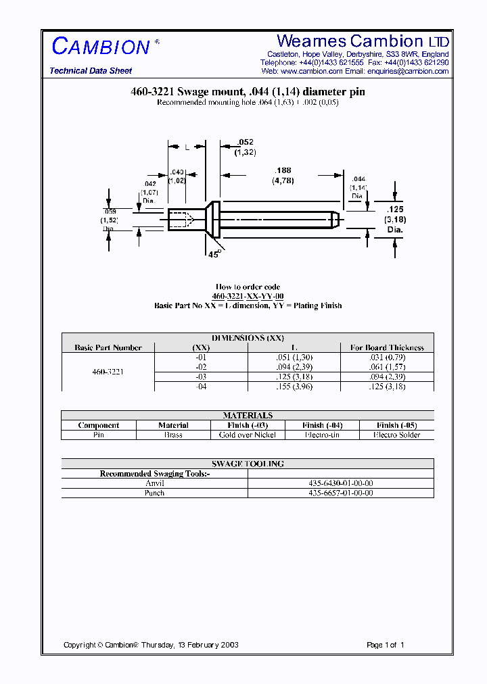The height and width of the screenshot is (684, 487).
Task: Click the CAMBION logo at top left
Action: pyautogui.click(x=101, y=46)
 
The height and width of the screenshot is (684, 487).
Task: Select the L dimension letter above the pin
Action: pyautogui.click(x=187, y=147)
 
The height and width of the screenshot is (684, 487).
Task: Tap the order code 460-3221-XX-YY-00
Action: pyautogui.click(x=248, y=297)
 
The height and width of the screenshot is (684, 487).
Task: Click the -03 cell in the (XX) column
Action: pyautogui.click(x=201, y=376)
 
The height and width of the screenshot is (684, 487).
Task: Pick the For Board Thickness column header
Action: pyautogui.click(x=387, y=347)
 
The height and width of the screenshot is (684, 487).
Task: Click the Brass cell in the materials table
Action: pyautogui.click(x=173, y=435)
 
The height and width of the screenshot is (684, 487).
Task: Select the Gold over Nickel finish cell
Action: pyautogui.click(x=248, y=435)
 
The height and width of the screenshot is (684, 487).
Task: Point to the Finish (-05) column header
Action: pyautogui.click(x=396, y=425)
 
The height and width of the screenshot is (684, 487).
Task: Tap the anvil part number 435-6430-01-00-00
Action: pyautogui.click(x=340, y=483)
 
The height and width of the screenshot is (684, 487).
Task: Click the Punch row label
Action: pyautogui.click(x=154, y=493)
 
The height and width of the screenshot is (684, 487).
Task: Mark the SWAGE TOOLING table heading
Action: pyautogui.click(x=248, y=464)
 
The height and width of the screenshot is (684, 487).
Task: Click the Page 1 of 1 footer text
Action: pyautogui.click(x=385, y=645)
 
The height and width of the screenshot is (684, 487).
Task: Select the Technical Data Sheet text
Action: pyautogui.click(x=91, y=71)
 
